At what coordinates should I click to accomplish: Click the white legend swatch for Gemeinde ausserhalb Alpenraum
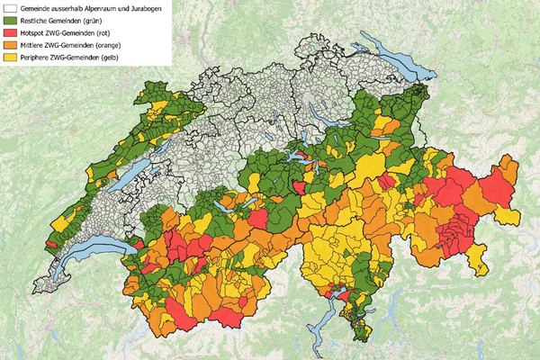(8, 6)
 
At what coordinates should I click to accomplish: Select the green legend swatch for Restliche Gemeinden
(8, 19)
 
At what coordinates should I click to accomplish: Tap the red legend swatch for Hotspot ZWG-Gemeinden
(8, 31)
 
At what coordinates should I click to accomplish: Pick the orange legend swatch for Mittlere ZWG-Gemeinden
(8, 44)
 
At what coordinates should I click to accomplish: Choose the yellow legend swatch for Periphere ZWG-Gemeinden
(8, 57)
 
